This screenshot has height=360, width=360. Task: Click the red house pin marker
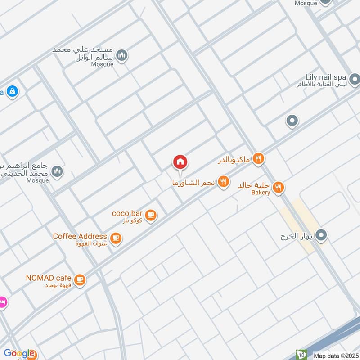coord(180,162)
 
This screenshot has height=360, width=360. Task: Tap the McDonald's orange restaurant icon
coord(258,158)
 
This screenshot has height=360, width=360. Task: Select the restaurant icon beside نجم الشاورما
coord(223,182)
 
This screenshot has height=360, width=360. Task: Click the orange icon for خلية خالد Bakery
coord(278,187)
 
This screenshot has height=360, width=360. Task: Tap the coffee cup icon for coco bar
coord(151,215)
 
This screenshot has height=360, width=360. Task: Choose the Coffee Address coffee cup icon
coord(116,238)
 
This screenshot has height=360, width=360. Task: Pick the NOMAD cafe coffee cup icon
coord(80,280)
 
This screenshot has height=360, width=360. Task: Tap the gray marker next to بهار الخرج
coord(321,235)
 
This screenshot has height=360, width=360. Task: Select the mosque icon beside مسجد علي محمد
coord(121,56)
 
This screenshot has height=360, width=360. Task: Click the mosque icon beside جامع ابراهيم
coord(57,171)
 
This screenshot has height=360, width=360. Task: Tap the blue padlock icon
coord(12,91)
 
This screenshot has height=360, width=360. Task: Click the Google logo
coord(19,353)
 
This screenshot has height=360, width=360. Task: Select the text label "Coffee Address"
coord(80,236)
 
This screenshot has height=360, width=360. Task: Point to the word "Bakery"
coord(261,193)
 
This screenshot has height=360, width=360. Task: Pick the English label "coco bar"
coord(127,213)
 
